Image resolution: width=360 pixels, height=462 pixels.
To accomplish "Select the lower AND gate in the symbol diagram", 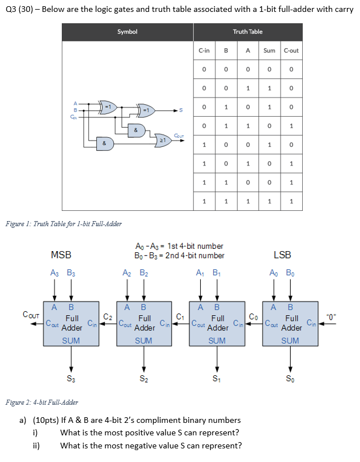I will point(104,143).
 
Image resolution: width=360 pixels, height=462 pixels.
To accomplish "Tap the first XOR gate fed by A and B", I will point(107,107).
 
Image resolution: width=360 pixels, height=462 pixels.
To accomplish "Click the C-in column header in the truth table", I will point(204,50).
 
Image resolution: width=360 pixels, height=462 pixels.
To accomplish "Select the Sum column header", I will point(269,50).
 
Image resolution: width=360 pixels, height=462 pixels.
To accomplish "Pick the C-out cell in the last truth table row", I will point(291,201).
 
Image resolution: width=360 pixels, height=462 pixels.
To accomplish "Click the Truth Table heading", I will point(248,32).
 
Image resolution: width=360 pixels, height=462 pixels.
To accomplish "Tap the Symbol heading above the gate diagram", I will point(127,32).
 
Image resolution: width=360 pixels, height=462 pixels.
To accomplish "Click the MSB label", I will point(61,255).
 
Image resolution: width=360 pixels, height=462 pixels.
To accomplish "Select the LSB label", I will point(282,255).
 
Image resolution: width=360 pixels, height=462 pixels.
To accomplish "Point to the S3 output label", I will point(70,379).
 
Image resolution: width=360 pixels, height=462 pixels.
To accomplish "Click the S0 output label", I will point(290,379).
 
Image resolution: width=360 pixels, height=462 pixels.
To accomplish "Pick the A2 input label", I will point(127,272).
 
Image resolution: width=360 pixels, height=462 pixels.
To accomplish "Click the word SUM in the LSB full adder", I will point(290,341).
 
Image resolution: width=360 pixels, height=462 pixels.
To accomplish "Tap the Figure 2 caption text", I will point(41,402).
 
